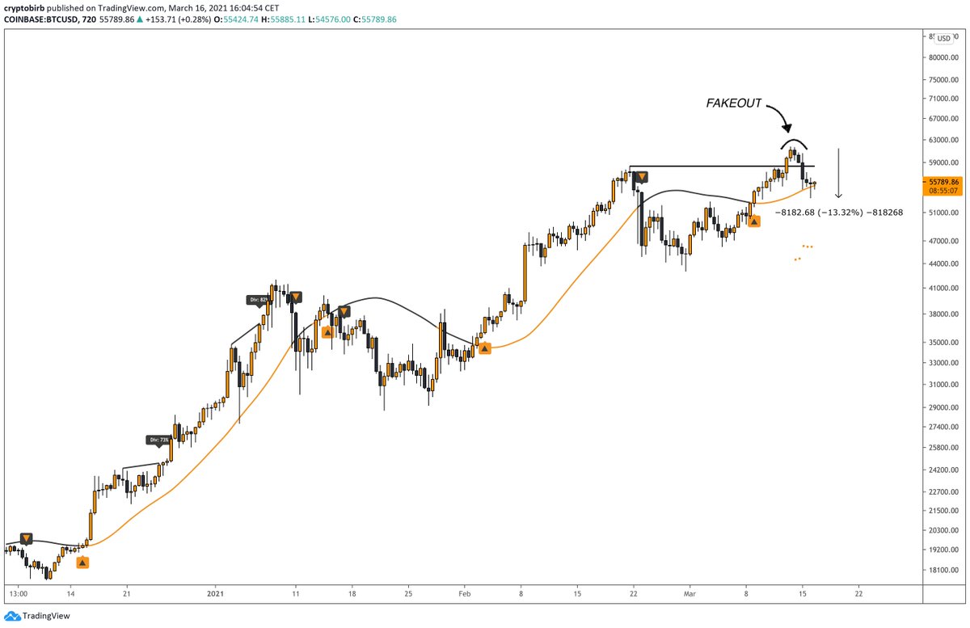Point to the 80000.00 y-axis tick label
tap(943, 57)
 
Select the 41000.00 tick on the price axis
tap(943, 289)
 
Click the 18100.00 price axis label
tap(943, 571)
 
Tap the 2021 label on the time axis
tap(216, 592)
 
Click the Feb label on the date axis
tap(465, 592)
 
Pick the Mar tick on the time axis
tap(690, 592)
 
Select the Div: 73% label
tap(158, 440)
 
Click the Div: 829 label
tap(256, 300)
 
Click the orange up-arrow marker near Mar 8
tap(754, 221)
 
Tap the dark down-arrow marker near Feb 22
tap(641, 175)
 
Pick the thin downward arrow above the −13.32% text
tap(840, 173)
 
